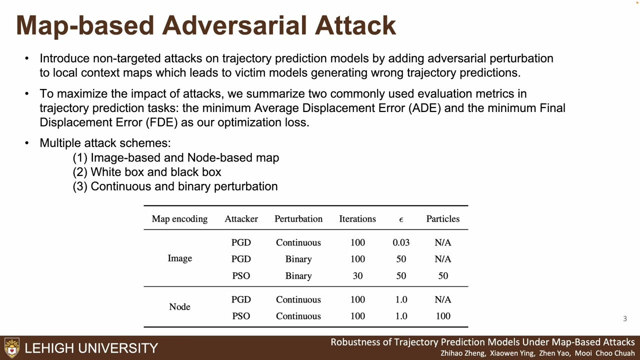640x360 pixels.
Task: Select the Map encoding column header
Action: pyautogui.click(x=179, y=219)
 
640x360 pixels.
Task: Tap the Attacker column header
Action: pyautogui.click(x=241, y=219)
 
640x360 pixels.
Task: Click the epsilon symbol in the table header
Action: pyautogui.click(x=401, y=219)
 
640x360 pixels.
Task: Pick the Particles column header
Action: pyautogui.click(x=442, y=219)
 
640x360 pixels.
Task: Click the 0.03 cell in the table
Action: pyautogui.click(x=401, y=242)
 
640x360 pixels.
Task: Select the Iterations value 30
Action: pyautogui.click(x=357, y=276)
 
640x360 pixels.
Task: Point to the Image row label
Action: pyautogui.click(x=179, y=258)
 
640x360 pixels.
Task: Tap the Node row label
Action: pyautogui.click(x=179, y=307)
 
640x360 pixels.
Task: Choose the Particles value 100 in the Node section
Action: pyautogui.click(x=443, y=316)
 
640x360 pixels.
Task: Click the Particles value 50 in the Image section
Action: pyautogui.click(x=443, y=276)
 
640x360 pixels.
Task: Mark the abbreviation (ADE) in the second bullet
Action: pyautogui.click(x=424, y=108)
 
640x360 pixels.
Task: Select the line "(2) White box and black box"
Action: pyautogui.click(x=147, y=172)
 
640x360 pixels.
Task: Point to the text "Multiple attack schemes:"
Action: pyautogui.click(x=105, y=143)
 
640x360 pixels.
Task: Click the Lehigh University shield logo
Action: pyautogui.click(x=12, y=347)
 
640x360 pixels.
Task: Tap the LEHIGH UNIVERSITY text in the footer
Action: pyautogui.click(x=91, y=348)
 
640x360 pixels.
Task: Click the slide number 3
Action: pyautogui.click(x=624, y=318)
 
